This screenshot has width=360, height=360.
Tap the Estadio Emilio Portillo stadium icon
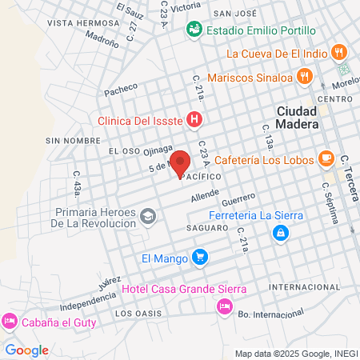coord(193,30)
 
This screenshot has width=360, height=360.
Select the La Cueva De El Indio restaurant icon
coord(340,54)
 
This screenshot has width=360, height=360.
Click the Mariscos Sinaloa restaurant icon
coord(303,78)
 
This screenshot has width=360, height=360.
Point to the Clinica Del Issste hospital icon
coord(193,121)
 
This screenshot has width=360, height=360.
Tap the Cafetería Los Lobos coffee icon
coord(326,158)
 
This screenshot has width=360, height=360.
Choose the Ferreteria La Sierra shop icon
coord(280,233)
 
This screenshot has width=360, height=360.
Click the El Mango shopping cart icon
coord(200,258)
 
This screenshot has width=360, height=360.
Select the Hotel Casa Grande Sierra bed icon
coord(224,306)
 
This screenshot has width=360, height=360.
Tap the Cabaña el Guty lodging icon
coord(10,321)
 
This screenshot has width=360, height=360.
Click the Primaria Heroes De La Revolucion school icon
coord(148,216)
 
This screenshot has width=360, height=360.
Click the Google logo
coord(26,350)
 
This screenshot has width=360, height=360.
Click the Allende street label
coord(204,194)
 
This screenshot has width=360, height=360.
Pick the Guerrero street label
coord(238,200)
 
